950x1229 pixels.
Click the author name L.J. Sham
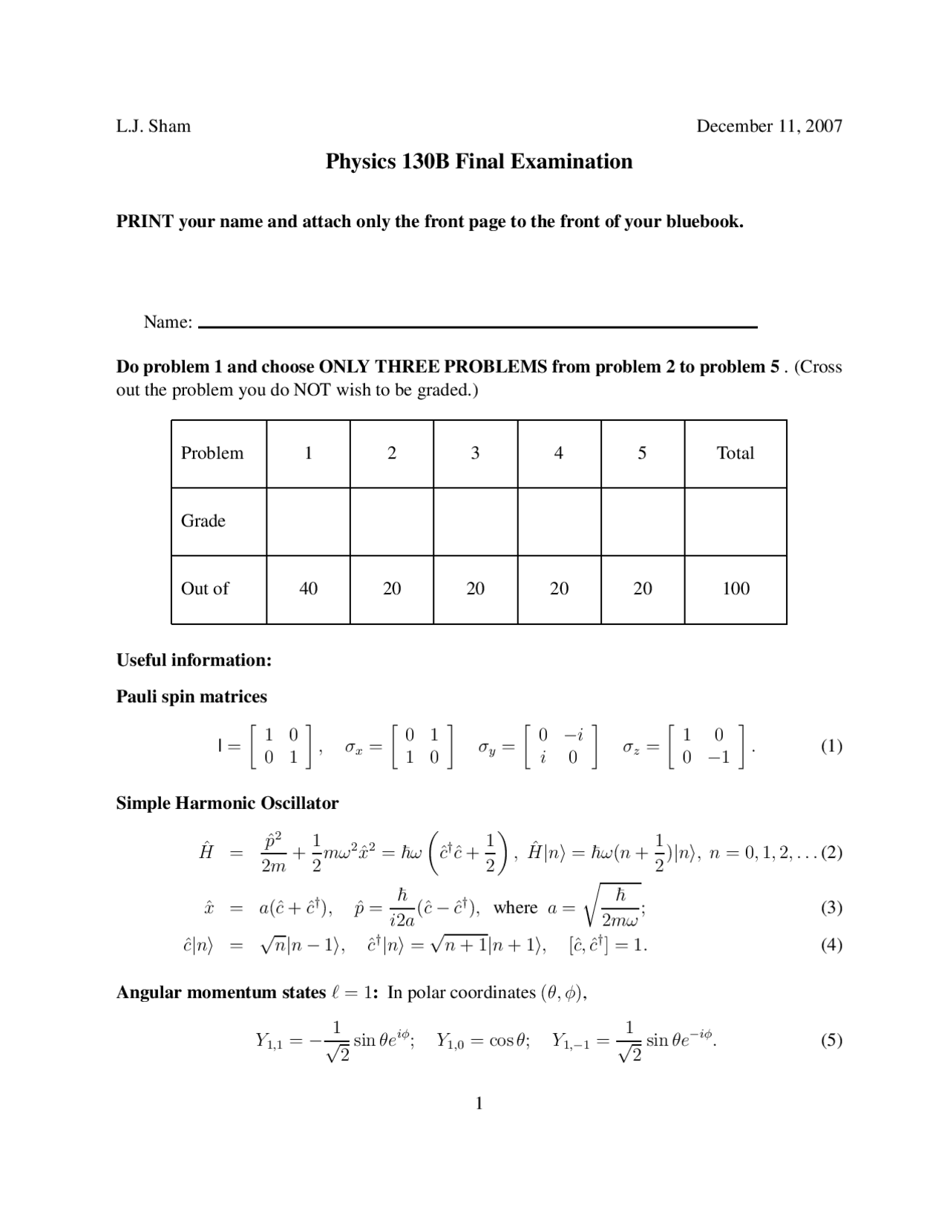click(x=153, y=126)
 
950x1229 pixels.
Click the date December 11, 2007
click(x=769, y=126)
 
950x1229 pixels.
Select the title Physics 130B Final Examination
click(x=479, y=162)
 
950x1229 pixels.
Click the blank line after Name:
click(x=478, y=325)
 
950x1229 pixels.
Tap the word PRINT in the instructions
click(x=145, y=221)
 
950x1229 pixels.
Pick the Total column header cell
click(x=735, y=453)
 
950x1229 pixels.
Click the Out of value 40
click(x=308, y=589)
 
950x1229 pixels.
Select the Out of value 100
click(x=736, y=589)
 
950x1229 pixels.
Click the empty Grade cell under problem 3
click(x=475, y=521)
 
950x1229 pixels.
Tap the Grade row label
click(x=203, y=521)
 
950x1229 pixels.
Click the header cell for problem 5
click(x=642, y=453)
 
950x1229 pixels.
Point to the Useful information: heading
click(x=194, y=661)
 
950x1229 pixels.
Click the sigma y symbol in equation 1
click(x=486, y=747)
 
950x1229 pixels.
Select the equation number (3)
click(x=831, y=908)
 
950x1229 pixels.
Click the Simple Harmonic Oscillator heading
click(x=227, y=803)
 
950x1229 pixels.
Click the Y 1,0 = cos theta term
click(x=482, y=1040)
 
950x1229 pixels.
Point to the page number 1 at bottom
click(x=479, y=1104)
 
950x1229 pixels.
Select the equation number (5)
click(x=831, y=1040)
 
